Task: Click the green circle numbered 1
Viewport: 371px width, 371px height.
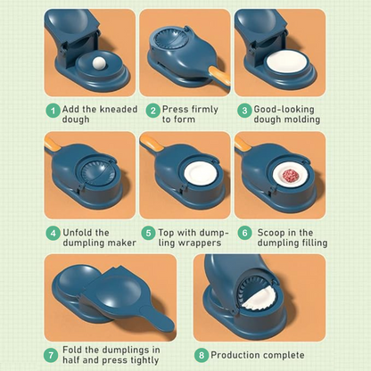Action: pyautogui.click(x=53, y=111)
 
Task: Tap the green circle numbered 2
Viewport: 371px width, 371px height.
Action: pyautogui.click(x=153, y=111)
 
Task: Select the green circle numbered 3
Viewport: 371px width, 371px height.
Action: pyautogui.click(x=244, y=111)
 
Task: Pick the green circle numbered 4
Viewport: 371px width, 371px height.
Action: pyautogui.click(x=53, y=233)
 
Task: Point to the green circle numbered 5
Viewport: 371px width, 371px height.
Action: pyautogui.click(x=148, y=233)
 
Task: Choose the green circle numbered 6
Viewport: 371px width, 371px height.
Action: pyautogui.click(x=244, y=233)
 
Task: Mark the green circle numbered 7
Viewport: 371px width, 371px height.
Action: pyautogui.click(x=51, y=355)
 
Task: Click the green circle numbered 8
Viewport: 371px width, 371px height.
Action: pyautogui.click(x=202, y=355)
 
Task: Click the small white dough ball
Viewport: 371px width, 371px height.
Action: pyautogui.click(x=99, y=62)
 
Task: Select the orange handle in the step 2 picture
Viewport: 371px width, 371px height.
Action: pyautogui.click(x=219, y=76)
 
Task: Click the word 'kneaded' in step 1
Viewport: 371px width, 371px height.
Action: pyautogui.click(x=119, y=109)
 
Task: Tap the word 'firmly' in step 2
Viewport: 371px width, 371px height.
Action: pyautogui.click(x=204, y=110)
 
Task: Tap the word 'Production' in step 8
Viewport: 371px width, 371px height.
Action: pyautogui.click(x=235, y=355)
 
